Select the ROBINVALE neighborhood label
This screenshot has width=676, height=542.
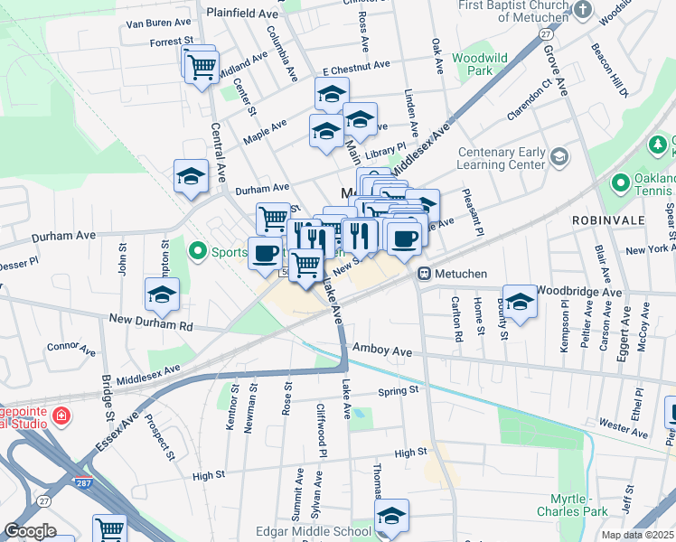[x=606, y=220]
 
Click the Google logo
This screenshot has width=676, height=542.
[x=30, y=531]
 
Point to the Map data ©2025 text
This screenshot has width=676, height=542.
[x=637, y=535]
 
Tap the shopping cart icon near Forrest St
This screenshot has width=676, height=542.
[x=202, y=66]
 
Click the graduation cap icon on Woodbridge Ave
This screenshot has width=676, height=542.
[x=520, y=303]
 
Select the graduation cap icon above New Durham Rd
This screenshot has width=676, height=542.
[x=162, y=294]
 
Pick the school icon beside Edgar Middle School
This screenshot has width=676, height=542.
[x=391, y=516]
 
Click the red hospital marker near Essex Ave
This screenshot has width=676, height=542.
[x=60, y=416]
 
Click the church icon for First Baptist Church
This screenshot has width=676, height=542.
[x=583, y=11]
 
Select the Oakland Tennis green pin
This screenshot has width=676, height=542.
[x=620, y=184]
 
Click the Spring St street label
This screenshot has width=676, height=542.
[x=399, y=390]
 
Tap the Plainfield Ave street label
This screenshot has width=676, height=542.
[x=242, y=14]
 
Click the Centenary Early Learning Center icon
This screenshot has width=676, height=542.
[x=559, y=158]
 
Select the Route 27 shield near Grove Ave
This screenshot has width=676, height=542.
[x=547, y=33]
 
